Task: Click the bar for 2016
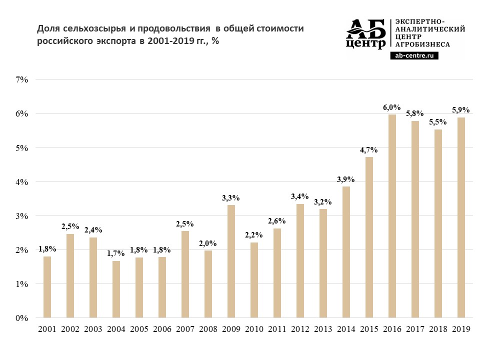392,216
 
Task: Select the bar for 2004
116,289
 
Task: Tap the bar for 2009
231,261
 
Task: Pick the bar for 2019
461,217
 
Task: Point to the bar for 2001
47,287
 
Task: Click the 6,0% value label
392,107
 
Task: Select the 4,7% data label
369,150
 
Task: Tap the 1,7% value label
116,254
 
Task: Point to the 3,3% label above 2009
231,198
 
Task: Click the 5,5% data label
438,122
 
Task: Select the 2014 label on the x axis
346,329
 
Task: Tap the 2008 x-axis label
208,329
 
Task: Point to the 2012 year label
300,329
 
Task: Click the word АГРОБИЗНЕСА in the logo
422,44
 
